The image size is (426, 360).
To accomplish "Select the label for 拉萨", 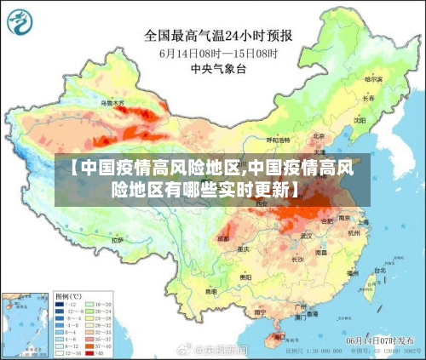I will coord(117,241).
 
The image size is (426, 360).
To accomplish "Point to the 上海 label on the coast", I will coord(363,221).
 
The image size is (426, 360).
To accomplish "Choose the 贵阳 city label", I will coord(245,277).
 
